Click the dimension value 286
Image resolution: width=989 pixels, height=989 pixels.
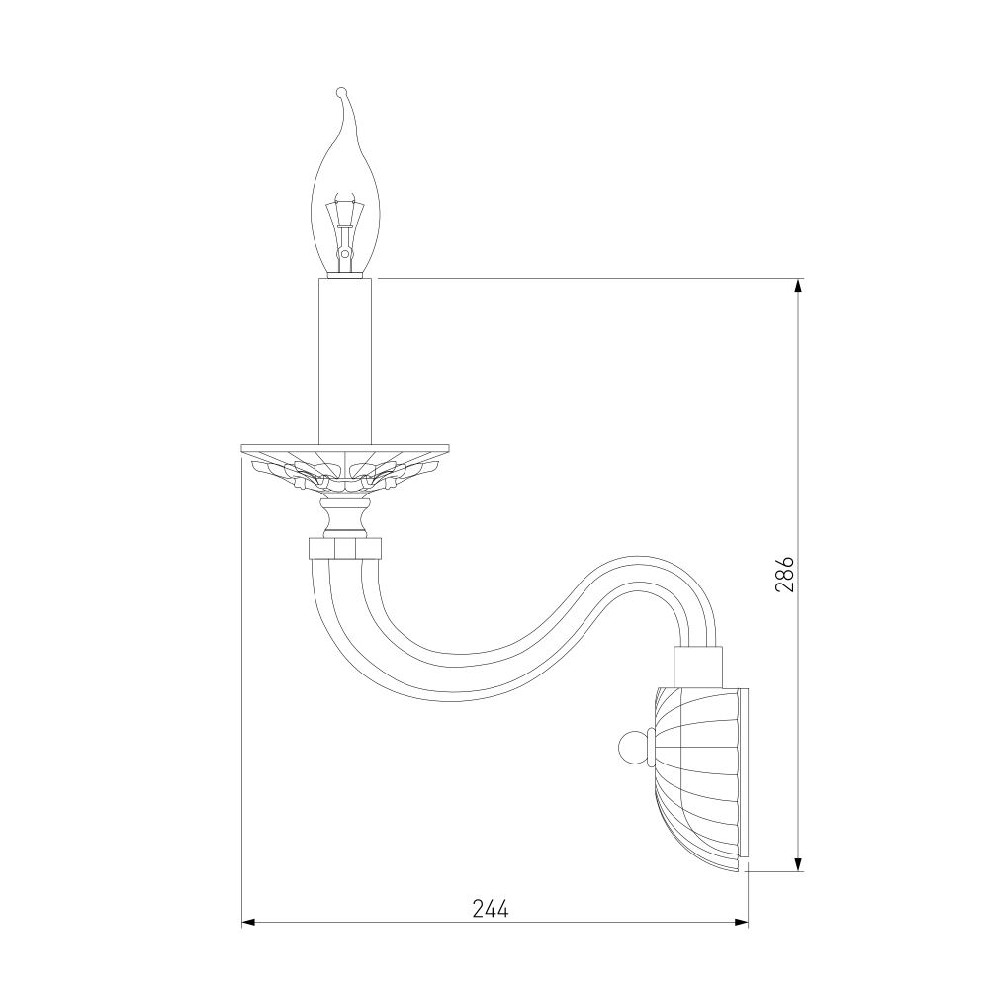pyautogui.click(x=784, y=574)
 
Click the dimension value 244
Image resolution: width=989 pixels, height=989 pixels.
pyautogui.click(x=491, y=908)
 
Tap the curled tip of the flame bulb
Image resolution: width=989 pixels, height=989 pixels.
pyautogui.click(x=341, y=92)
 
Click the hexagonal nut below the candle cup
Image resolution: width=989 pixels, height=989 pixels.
pyautogui.click(x=344, y=548)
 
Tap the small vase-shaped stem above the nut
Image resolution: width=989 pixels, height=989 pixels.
pyautogui.click(x=344, y=517)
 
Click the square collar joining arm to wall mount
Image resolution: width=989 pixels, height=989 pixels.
pyautogui.click(x=697, y=667)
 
